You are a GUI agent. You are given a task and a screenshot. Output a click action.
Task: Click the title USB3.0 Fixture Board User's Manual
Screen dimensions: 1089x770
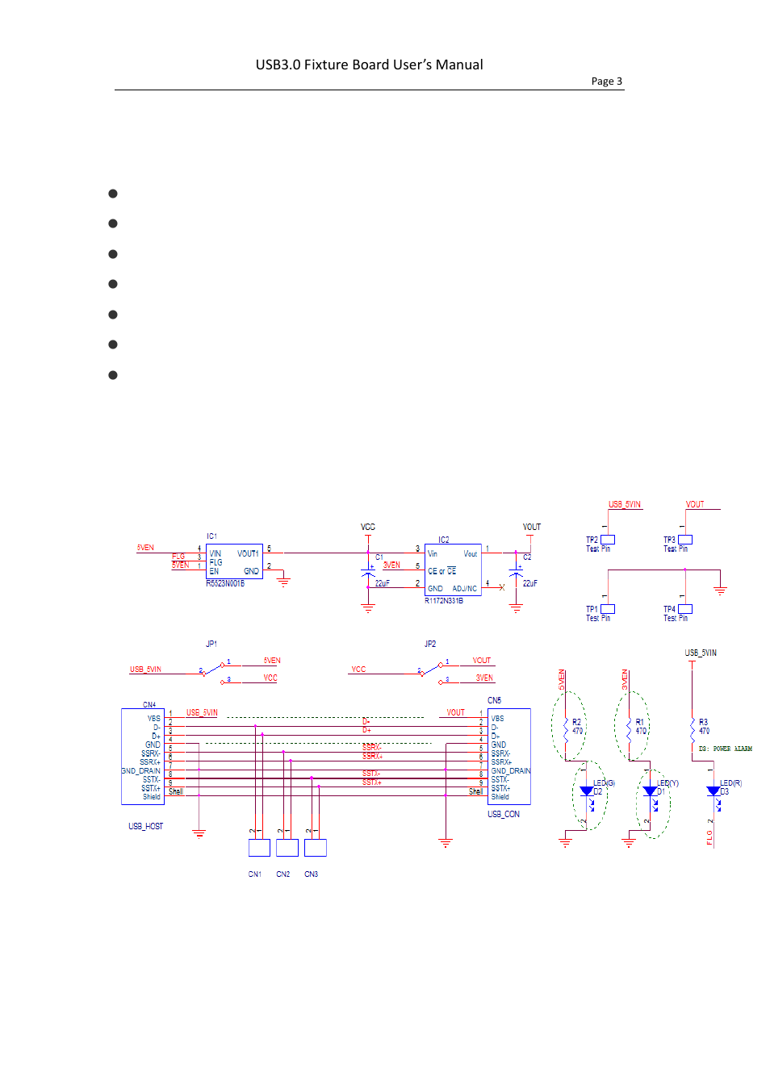coord(369,65)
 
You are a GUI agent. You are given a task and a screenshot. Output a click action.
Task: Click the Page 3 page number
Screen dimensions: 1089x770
coord(606,81)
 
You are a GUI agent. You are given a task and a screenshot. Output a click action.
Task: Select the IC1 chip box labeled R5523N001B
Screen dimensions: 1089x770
coord(234,561)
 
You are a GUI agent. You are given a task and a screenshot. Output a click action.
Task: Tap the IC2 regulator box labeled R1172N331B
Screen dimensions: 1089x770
coord(452,570)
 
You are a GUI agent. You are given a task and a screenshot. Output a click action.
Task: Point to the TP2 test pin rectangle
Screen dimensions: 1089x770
coord(608,540)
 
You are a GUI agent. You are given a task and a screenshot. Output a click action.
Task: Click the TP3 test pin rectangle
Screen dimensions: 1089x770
coord(685,540)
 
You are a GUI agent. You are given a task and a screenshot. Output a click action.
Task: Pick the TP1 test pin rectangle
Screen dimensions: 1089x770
coord(608,609)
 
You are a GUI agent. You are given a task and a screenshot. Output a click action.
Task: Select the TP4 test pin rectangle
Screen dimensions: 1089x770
coord(685,609)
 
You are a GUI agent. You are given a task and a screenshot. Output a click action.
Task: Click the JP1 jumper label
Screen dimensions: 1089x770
coord(211,644)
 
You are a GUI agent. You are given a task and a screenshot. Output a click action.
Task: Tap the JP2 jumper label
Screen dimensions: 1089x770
coord(430,644)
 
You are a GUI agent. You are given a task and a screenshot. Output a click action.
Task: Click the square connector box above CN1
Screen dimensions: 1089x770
coord(259,848)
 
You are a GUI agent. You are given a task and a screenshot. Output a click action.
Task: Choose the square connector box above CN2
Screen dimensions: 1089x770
coord(287,848)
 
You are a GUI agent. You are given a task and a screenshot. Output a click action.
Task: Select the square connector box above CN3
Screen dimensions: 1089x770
coord(316,848)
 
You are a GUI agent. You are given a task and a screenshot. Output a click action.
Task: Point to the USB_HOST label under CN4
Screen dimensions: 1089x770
coord(145,826)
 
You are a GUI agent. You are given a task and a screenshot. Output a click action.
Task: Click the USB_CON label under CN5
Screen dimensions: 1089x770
coord(504,814)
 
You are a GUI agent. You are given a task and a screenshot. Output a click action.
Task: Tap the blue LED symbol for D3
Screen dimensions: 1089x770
coord(713,791)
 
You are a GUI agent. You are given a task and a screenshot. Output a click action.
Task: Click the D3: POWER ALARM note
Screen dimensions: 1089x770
coord(725,749)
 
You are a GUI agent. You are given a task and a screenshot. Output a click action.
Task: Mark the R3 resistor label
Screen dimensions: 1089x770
coord(703,722)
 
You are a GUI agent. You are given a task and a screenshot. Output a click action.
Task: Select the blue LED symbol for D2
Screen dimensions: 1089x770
coord(587,791)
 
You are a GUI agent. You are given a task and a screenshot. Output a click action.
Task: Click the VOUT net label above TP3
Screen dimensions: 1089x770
coord(695,504)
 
